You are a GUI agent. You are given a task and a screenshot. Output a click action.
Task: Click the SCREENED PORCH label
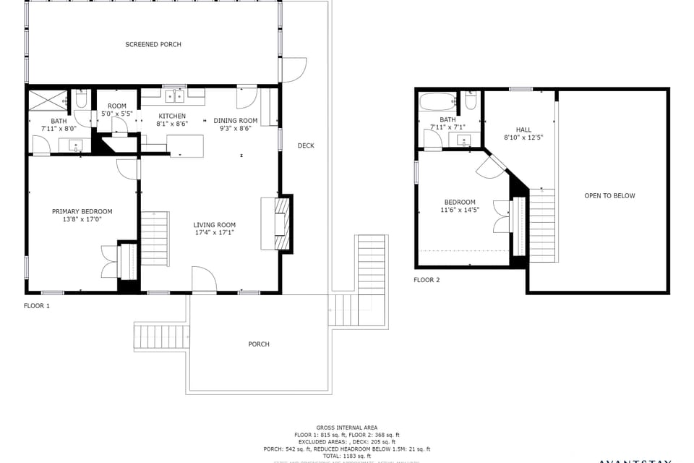click(x=153, y=45)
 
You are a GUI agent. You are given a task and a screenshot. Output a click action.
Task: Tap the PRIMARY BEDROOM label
click(x=82, y=212)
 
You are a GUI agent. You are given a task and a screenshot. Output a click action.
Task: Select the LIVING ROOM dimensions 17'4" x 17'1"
click(x=214, y=233)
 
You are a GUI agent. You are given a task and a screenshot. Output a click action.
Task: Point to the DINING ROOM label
click(x=236, y=121)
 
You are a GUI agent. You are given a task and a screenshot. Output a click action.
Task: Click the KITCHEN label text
click(x=172, y=116)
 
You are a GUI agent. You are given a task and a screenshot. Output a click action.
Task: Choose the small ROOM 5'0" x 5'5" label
click(x=116, y=106)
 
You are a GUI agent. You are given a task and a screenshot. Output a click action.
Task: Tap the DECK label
click(x=306, y=146)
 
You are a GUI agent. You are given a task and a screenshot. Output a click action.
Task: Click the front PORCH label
click(x=259, y=344)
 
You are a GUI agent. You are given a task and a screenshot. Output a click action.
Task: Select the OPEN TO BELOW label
click(x=609, y=196)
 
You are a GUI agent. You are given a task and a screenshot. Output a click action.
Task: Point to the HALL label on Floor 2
click(x=523, y=129)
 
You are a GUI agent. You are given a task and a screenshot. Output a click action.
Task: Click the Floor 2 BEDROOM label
click(x=460, y=203)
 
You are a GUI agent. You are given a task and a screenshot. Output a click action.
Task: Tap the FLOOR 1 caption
click(x=37, y=306)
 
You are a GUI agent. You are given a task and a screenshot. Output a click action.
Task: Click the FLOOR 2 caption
click(x=427, y=280)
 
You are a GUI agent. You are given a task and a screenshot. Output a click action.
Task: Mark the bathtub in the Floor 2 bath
click(x=437, y=101)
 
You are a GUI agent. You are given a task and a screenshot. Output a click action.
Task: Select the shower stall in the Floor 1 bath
click(x=48, y=100)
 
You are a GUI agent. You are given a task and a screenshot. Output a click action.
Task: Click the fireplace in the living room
click(x=283, y=223)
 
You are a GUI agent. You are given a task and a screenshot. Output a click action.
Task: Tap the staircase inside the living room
click(x=154, y=237)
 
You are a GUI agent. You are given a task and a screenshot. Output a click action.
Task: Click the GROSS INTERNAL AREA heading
click(x=346, y=428)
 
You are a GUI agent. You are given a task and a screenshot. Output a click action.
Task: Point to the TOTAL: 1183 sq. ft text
click(x=346, y=456)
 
